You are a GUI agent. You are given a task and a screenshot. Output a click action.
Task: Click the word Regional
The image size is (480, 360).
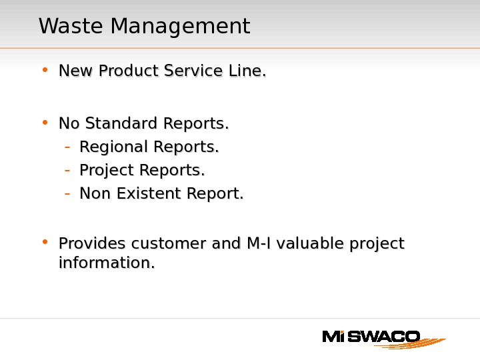[114, 146]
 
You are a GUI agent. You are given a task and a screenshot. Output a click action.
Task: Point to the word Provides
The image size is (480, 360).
[93, 244]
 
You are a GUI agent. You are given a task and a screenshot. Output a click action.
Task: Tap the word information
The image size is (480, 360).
[106, 263]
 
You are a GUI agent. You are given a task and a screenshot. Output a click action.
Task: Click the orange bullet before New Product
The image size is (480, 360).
[44, 69]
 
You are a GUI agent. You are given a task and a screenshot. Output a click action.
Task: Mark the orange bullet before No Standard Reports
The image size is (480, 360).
[44, 122]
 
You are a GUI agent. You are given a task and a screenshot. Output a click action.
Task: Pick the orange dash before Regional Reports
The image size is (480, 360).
[67, 147]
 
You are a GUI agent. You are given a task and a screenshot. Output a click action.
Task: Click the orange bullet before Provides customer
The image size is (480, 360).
[44, 242]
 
